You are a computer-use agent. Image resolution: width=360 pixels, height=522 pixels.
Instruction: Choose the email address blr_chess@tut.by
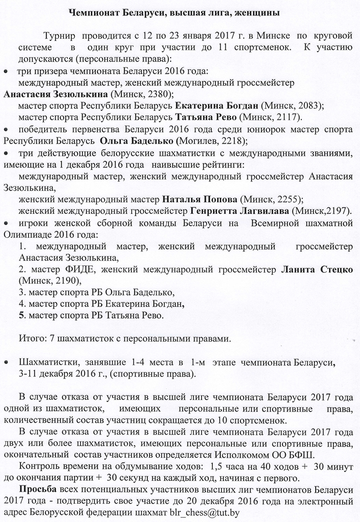pos(205,513)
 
